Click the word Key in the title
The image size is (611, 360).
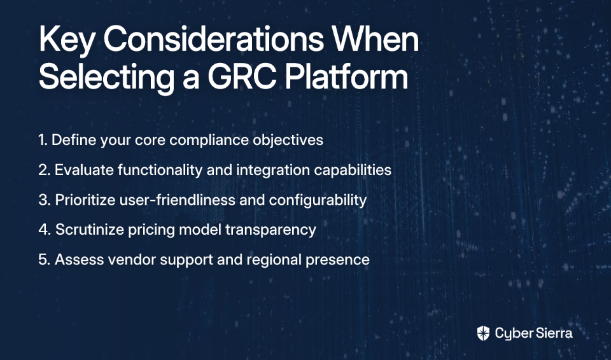pyautogui.click(x=67, y=41)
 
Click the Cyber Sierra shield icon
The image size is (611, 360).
pyautogui.click(x=483, y=333)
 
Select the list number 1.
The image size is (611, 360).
pyautogui.click(x=43, y=140)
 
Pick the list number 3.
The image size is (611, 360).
pyautogui.click(x=45, y=200)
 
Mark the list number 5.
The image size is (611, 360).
pyautogui.click(x=45, y=260)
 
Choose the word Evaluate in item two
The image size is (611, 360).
pyautogui.click(x=84, y=170)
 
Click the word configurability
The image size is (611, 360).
pyautogui.click(x=318, y=200)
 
